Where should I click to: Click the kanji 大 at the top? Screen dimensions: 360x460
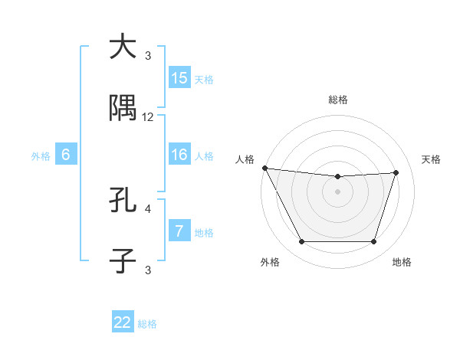123,47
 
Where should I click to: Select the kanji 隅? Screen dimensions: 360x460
123,110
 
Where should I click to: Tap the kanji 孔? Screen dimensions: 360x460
123,201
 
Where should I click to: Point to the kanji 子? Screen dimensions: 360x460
123,261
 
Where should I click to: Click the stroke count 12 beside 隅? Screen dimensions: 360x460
148,117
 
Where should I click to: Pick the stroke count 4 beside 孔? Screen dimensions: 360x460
148,208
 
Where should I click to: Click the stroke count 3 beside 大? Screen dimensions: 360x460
148,55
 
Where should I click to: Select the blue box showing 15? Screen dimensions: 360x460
179,78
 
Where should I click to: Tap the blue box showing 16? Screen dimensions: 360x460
179,155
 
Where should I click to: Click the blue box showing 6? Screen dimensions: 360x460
66,155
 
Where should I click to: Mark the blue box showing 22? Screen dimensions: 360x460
123,322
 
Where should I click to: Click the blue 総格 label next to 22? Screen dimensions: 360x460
147,324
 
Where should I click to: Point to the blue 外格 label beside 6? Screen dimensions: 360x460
41,156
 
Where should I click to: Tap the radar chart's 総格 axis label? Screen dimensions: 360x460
337,100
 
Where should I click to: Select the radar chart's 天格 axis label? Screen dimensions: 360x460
432,159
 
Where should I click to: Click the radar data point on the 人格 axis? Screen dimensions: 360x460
264,168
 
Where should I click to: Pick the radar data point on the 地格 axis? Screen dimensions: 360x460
374,242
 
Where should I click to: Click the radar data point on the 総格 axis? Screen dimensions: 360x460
337,177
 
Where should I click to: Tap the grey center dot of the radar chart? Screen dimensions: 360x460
337,191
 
